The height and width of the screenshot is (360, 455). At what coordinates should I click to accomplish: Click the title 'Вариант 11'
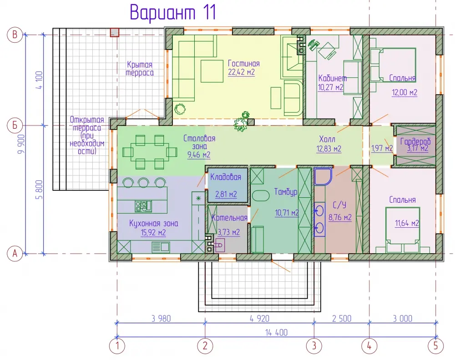coord(173,13)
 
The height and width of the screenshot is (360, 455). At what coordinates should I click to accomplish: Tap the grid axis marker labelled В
coord(15,35)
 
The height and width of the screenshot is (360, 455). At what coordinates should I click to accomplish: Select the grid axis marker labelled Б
coord(15,125)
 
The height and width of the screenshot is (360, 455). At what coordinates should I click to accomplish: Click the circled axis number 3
coord(314,346)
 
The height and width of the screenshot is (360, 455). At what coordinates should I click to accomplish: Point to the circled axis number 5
coord(436,346)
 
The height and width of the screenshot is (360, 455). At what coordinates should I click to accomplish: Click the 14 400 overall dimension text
coord(276,332)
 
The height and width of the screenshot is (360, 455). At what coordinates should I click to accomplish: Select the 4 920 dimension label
coord(259,319)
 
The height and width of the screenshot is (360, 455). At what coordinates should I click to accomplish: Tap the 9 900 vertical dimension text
coord(21,144)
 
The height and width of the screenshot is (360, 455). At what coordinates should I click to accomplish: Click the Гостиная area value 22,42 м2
coord(242,72)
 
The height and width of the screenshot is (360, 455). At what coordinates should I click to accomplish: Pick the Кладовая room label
coord(226,177)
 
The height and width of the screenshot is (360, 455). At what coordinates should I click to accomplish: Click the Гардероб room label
coord(415,142)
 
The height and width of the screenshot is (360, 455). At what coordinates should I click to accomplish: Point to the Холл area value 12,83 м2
coord(329,149)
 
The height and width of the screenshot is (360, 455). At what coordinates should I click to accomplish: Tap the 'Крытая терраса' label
coord(140,69)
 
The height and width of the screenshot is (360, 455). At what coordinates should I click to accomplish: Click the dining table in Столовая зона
coord(149,152)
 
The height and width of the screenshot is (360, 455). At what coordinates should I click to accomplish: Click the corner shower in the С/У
coord(323,176)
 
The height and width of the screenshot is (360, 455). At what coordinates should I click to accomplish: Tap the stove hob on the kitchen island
coord(143,206)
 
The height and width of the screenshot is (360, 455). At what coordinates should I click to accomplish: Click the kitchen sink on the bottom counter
coord(161,247)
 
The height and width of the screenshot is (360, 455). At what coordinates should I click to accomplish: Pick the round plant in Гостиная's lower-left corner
coord(180,109)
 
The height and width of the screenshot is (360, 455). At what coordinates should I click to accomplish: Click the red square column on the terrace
coord(114,32)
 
